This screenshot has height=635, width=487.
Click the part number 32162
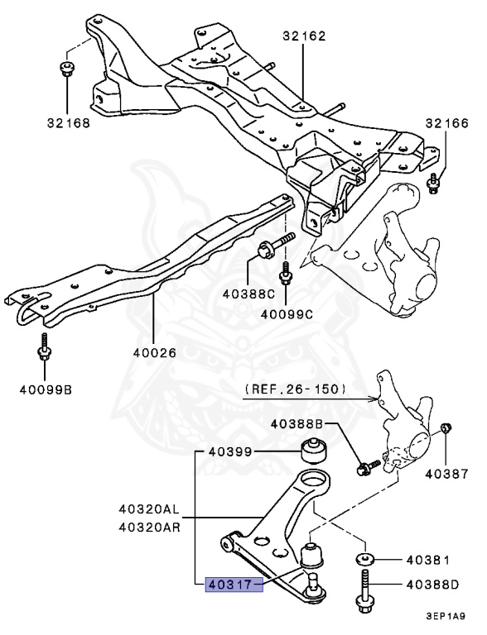tap(304, 36)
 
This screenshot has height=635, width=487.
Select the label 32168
tap(68, 122)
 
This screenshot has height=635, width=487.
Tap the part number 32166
tap(446, 122)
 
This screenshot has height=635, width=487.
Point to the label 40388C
tap(248, 294)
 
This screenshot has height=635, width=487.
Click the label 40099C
tap(287, 314)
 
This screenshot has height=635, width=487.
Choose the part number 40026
tap(155, 353)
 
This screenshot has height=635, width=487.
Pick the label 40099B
tap(46, 390)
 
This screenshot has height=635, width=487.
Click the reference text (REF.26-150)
tap(296, 389)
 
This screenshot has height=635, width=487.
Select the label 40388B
tap(297, 424)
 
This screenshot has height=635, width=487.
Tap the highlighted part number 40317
tap(229, 585)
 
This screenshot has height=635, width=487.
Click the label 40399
tap(230, 451)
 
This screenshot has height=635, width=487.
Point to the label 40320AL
tap(149, 508)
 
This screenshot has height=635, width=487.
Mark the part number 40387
tap(446, 474)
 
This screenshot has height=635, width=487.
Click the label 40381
tap(428, 560)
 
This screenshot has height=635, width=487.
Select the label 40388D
tap(432, 585)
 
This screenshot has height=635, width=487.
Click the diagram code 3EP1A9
tap(446, 616)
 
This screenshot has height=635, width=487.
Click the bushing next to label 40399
tap(314, 451)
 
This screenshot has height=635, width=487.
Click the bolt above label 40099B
tap(44, 346)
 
